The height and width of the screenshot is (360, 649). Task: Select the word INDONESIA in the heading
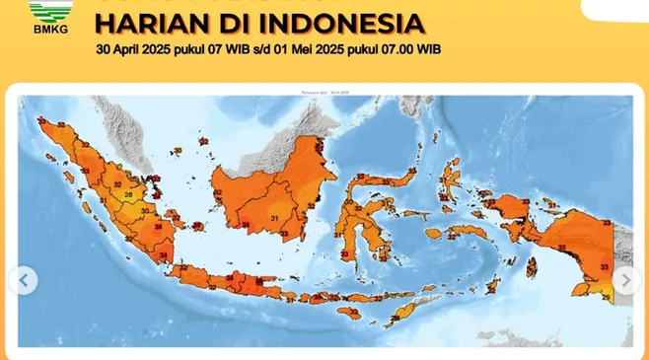(x=338, y=23)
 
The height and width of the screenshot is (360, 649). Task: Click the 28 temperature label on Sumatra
(x=129, y=195)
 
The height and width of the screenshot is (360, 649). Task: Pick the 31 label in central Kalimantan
(x=274, y=218)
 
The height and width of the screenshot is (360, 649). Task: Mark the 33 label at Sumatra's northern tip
(x=43, y=123)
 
